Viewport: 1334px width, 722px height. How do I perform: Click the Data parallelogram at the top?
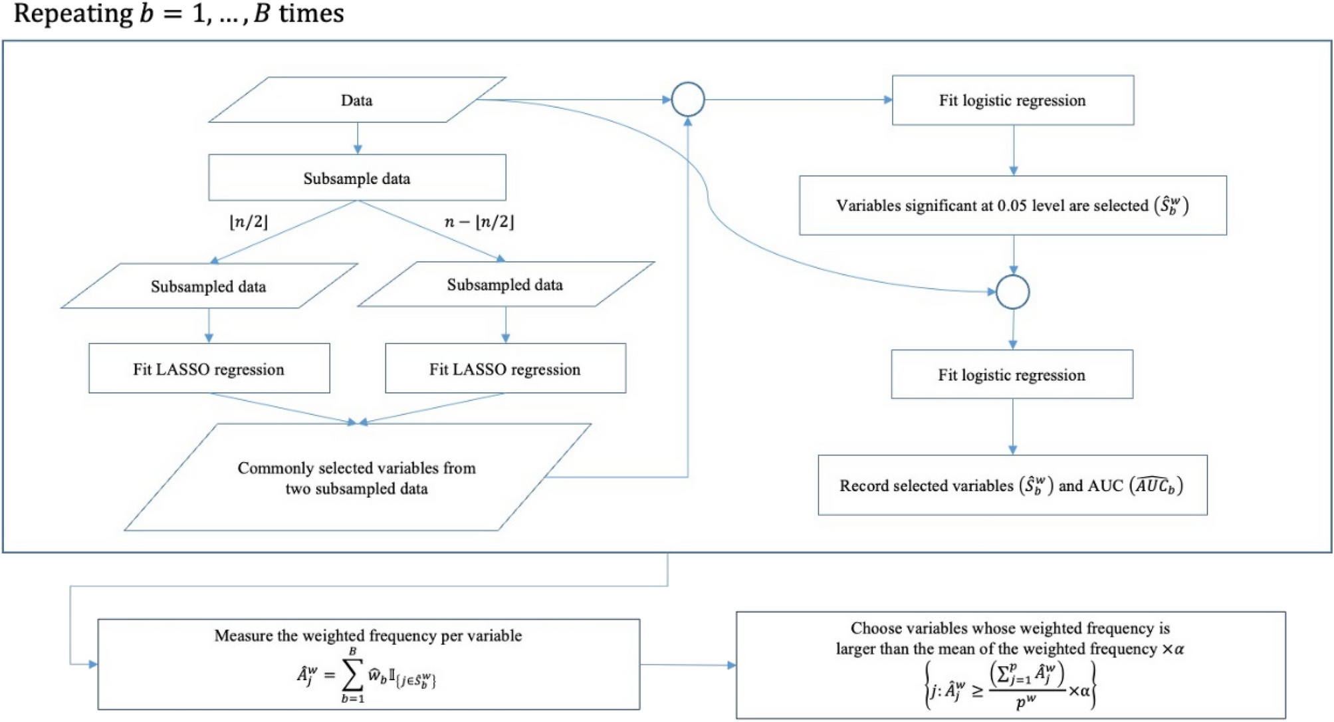coord(357,100)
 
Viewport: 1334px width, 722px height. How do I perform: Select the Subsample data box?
coord(357,178)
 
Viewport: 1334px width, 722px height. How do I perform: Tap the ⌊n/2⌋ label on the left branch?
coord(249,222)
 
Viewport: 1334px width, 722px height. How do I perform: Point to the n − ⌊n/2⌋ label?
coord(479,222)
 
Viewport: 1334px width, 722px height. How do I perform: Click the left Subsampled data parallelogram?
coord(209,287)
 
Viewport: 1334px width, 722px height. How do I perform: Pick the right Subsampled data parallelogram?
coord(505,285)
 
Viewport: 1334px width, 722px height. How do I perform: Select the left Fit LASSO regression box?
coord(209,369)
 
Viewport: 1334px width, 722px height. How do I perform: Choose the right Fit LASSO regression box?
coord(505,369)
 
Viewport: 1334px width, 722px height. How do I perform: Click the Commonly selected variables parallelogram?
coord(357,478)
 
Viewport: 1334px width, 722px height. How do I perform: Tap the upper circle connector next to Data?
coord(688,100)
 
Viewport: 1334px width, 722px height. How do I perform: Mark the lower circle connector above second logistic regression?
coord(1013,292)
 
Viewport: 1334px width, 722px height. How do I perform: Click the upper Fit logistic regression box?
coord(1012,100)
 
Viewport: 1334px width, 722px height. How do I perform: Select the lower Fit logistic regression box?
coord(1012,375)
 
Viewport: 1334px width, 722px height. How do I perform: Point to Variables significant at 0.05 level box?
coord(1012,206)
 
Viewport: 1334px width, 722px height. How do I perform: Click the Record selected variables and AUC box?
coord(1012,486)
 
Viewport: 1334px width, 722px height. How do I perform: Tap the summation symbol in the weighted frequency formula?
coord(352,674)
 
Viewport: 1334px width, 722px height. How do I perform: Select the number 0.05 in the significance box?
coord(1012,206)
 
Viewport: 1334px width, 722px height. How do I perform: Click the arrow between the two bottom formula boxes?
coord(688,665)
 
